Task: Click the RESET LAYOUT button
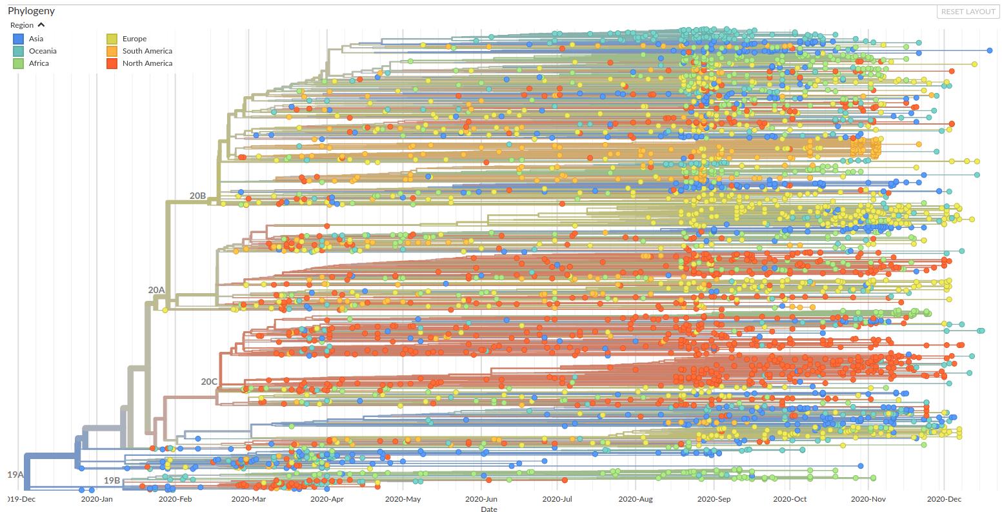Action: (x=968, y=12)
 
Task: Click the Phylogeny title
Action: (x=31, y=11)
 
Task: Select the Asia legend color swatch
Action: (x=19, y=39)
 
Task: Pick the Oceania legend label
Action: (x=43, y=51)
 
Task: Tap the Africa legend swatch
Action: (x=19, y=63)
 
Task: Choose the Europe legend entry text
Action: (x=134, y=39)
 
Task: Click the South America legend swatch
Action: (x=112, y=51)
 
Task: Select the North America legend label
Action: (x=147, y=63)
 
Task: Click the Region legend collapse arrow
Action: (x=41, y=25)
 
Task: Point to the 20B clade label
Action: (x=197, y=195)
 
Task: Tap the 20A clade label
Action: (x=156, y=290)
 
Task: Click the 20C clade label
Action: (x=208, y=382)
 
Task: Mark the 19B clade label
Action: (x=112, y=480)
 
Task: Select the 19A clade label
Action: (x=15, y=475)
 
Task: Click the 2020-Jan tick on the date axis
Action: (x=97, y=499)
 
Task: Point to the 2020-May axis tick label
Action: (x=404, y=499)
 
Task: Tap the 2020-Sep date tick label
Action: (x=715, y=499)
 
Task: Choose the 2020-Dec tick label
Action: (x=944, y=499)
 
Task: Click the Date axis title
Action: (x=488, y=509)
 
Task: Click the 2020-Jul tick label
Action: (x=558, y=499)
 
